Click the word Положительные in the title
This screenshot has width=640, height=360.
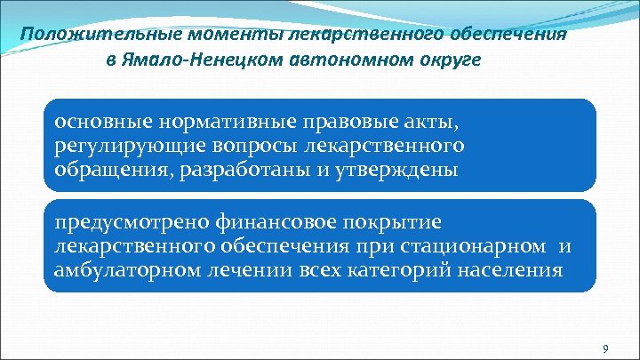click(x=86, y=35)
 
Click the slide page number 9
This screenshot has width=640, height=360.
click(x=605, y=347)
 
